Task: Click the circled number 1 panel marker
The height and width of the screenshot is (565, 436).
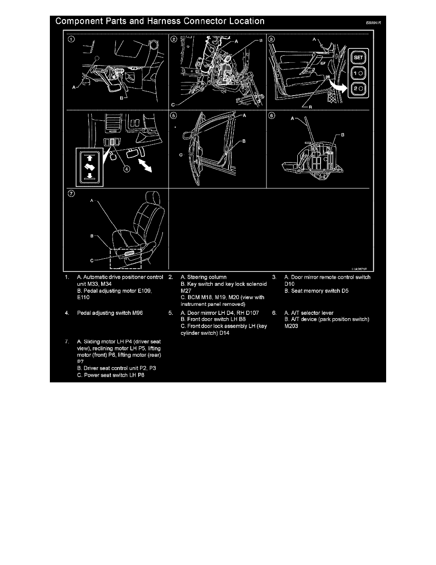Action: (x=70, y=39)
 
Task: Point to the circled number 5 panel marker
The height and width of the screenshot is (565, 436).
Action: (x=174, y=115)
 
